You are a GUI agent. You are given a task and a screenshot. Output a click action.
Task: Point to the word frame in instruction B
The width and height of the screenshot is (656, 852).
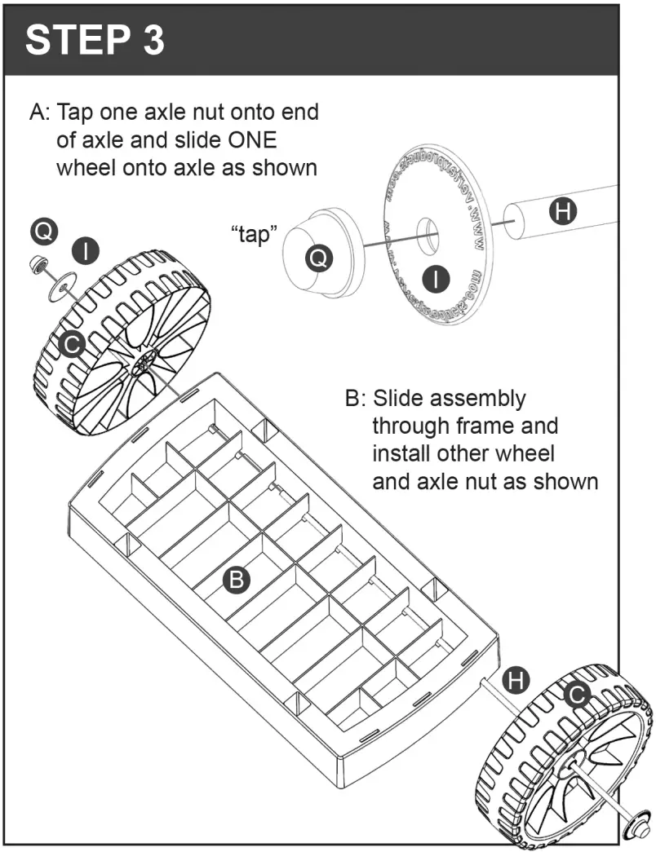click(x=527, y=426)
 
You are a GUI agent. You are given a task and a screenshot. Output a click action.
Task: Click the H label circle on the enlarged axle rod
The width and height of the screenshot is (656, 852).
click(x=562, y=212)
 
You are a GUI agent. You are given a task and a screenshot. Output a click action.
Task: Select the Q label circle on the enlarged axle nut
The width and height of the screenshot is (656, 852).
click(x=319, y=258)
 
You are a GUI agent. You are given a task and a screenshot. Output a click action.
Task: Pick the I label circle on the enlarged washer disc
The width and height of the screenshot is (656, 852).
click(x=438, y=279)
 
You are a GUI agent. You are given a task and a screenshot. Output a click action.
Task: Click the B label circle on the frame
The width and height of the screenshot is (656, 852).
click(x=237, y=579)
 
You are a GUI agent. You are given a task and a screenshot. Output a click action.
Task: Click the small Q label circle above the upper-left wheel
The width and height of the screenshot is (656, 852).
click(x=44, y=232)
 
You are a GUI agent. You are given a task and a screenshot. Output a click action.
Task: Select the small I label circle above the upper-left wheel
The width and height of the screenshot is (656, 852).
click(x=86, y=250)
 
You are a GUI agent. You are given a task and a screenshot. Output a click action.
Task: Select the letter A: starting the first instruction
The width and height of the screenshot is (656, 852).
click(x=38, y=113)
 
